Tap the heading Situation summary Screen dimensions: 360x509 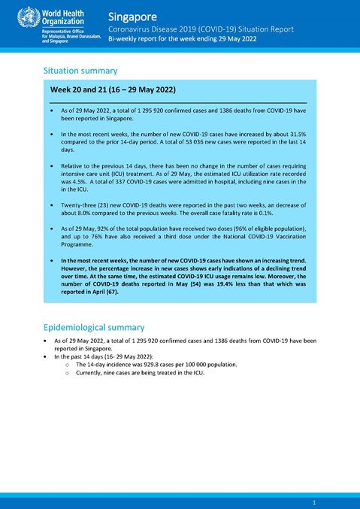[81, 70]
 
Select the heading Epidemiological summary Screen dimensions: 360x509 [94, 327]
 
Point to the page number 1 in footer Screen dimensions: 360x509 [313, 501]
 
